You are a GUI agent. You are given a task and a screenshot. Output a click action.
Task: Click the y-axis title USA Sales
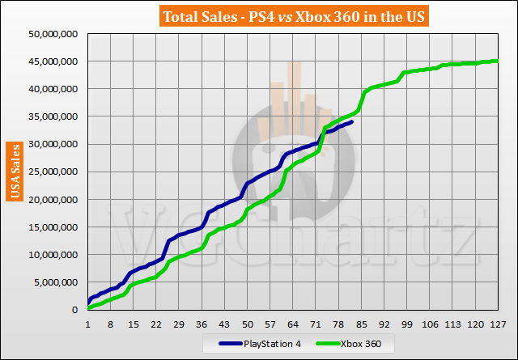pyautogui.click(x=14, y=171)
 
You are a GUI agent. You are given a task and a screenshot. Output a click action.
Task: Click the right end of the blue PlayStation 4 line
pyautogui.click(x=351, y=122)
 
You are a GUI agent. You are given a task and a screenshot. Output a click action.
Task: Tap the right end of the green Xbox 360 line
pyautogui.click(x=497, y=61)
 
